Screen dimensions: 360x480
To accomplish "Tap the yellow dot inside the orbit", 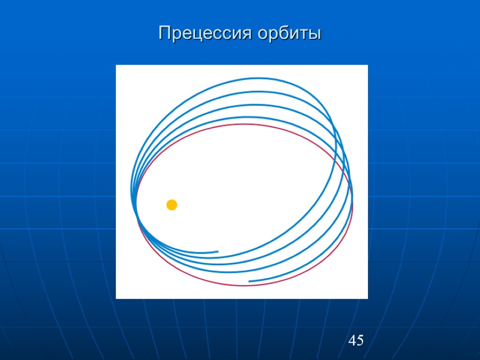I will click(x=172, y=205).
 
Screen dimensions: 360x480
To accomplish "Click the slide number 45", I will click(x=356, y=341).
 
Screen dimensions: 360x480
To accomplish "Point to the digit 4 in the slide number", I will click(x=352, y=341).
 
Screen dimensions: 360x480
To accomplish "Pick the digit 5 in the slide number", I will click(x=360, y=341).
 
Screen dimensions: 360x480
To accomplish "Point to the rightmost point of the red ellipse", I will click(x=353, y=204).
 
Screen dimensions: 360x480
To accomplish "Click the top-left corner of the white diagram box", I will click(x=116, y=65).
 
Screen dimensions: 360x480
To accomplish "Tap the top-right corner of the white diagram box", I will click(x=367, y=65).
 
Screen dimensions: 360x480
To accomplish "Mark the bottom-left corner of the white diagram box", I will click(x=116, y=298).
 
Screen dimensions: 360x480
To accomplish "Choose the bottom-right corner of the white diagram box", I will click(x=367, y=298).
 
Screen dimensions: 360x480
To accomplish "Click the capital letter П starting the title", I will click(x=164, y=34).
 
